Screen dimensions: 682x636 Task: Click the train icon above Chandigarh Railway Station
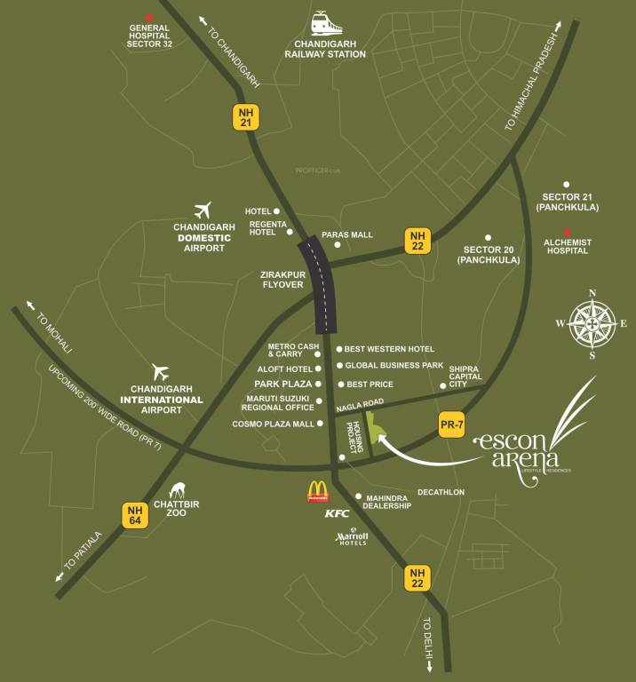click(325, 24)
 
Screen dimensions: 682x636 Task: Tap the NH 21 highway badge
click(246, 117)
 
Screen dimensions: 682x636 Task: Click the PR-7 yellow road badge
click(452, 425)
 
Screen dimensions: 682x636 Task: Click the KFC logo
click(337, 513)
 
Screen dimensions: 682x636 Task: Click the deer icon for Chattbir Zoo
click(177, 490)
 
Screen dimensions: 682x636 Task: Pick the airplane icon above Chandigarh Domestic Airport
click(204, 210)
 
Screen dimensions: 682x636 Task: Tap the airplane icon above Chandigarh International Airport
click(161, 371)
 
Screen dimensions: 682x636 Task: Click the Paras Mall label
click(346, 235)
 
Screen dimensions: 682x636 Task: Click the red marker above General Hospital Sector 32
click(148, 17)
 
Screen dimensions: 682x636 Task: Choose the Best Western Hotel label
click(389, 349)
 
